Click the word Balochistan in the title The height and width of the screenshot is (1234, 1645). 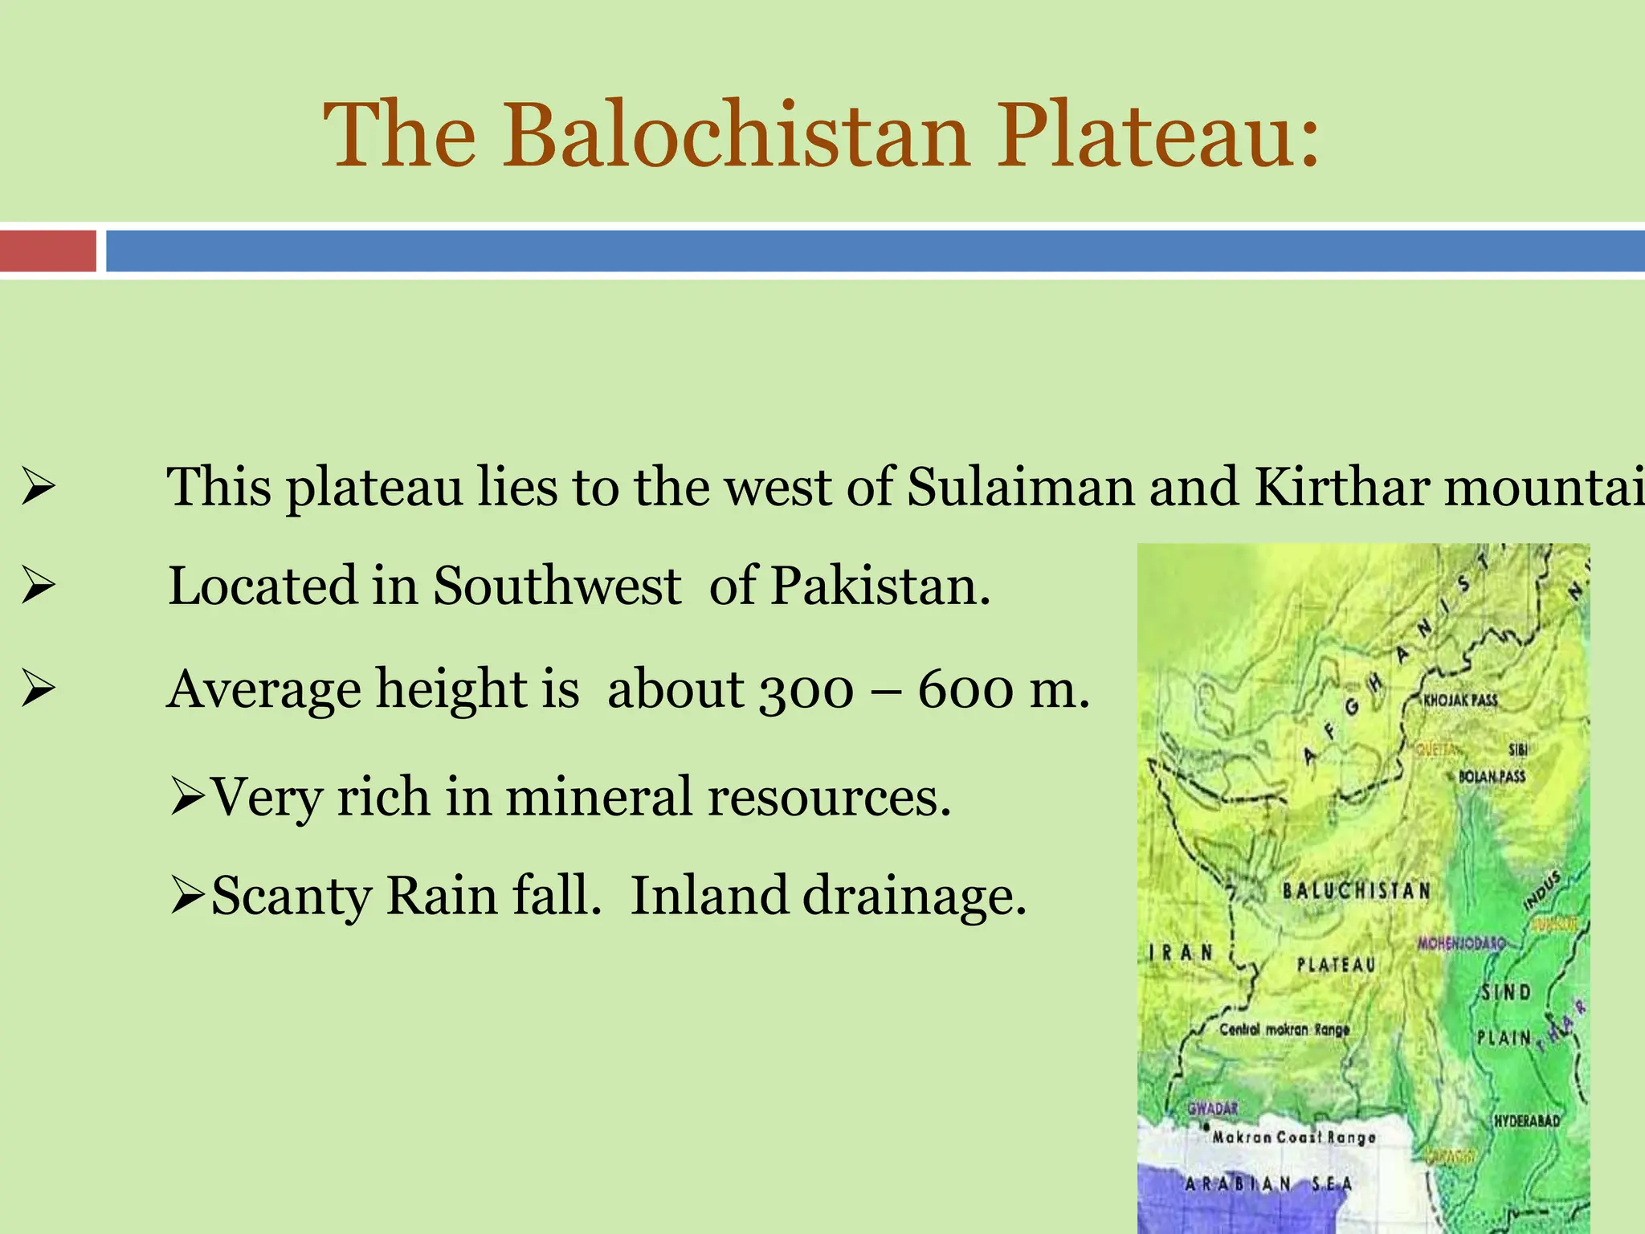tap(737, 134)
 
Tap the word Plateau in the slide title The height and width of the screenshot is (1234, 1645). tap(1157, 134)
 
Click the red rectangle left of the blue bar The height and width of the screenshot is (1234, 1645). tap(47, 251)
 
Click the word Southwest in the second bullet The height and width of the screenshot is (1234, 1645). tap(557, 586)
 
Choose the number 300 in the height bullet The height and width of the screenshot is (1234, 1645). tap(806, 690)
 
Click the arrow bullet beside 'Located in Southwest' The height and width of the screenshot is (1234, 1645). tap(38, 586)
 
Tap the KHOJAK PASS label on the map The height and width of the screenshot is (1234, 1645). tap(1460, 701)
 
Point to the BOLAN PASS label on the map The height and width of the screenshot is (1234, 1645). tap(1492, 777)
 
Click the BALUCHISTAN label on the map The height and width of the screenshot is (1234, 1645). tap(1356, 891)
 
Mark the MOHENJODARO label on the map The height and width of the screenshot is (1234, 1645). tap(1460, 943)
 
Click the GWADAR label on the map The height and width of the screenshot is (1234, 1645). tap(1213, 1109)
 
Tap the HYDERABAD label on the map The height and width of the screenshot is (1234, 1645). tap(1526, 1121)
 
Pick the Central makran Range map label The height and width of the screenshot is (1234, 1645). tap(1284, 1030)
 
